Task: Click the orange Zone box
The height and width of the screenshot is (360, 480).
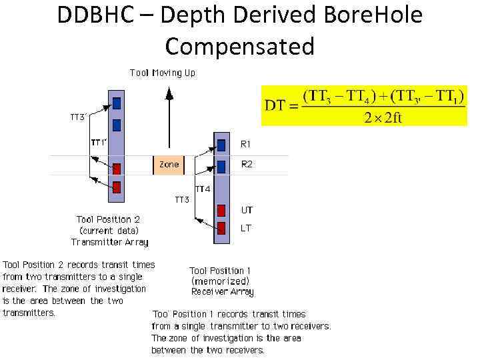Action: tap(169, 164)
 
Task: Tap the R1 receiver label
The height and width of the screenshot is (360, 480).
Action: tap(246, 143)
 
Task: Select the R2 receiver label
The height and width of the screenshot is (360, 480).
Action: tap(246, 164)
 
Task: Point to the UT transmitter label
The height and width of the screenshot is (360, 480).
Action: tap(247, 210)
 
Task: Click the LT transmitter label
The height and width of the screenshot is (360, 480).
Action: tap(246, 228)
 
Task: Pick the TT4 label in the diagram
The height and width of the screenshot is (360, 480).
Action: tap(203, 189)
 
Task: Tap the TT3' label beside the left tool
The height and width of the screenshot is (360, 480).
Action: tap(79, 117)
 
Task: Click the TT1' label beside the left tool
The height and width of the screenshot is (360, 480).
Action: tap(98, 142)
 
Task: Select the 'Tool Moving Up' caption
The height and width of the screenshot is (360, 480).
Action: tap(163, 73)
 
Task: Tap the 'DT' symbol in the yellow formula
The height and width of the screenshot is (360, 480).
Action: tap(277, 105)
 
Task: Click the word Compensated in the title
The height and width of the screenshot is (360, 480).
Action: tap(239, 47)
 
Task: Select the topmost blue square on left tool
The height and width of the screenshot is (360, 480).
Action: tap(117, 103)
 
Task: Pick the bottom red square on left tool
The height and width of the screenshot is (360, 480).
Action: tap(117, 187)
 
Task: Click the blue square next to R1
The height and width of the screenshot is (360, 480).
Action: tap(221, 144)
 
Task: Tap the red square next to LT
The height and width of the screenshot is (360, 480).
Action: tap(221, 229)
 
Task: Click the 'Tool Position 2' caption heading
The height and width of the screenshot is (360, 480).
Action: tap(109, 219)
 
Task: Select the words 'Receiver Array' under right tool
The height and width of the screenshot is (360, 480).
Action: tap(222, 292)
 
